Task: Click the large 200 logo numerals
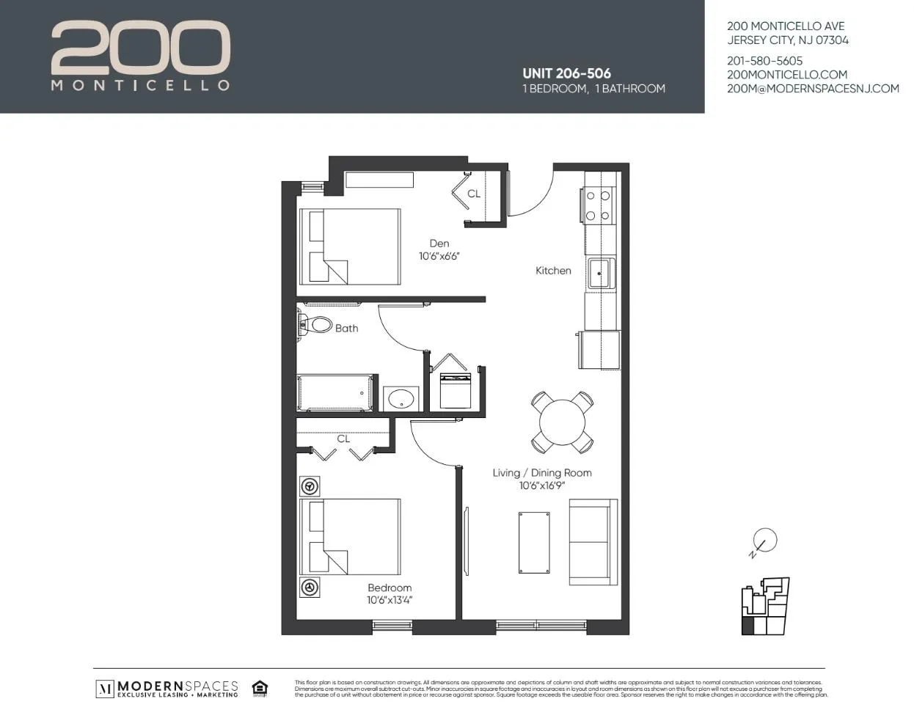[x=140, y=48]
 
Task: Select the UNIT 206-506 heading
[x=566, y=73]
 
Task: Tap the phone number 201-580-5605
[x=764, y=61]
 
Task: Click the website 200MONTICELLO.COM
[x=786, y=75]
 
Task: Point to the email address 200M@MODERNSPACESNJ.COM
[x=812, y=89]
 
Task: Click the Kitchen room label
[x=553, y=271]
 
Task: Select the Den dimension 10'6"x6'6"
[x=439, y=257]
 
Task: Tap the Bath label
[x=346, y=329]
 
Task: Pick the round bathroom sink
[x=401, y=400]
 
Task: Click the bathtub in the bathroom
[x=336, y=393]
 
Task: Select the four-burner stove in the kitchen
[x=598, y=206]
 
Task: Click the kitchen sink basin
[x=600, y=273]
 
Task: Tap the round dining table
[x=562, y=422]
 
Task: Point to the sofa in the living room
[x=593, y=542]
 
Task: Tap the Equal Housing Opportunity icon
[x=259, y=688]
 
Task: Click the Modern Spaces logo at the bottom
[x=167, y=688]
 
